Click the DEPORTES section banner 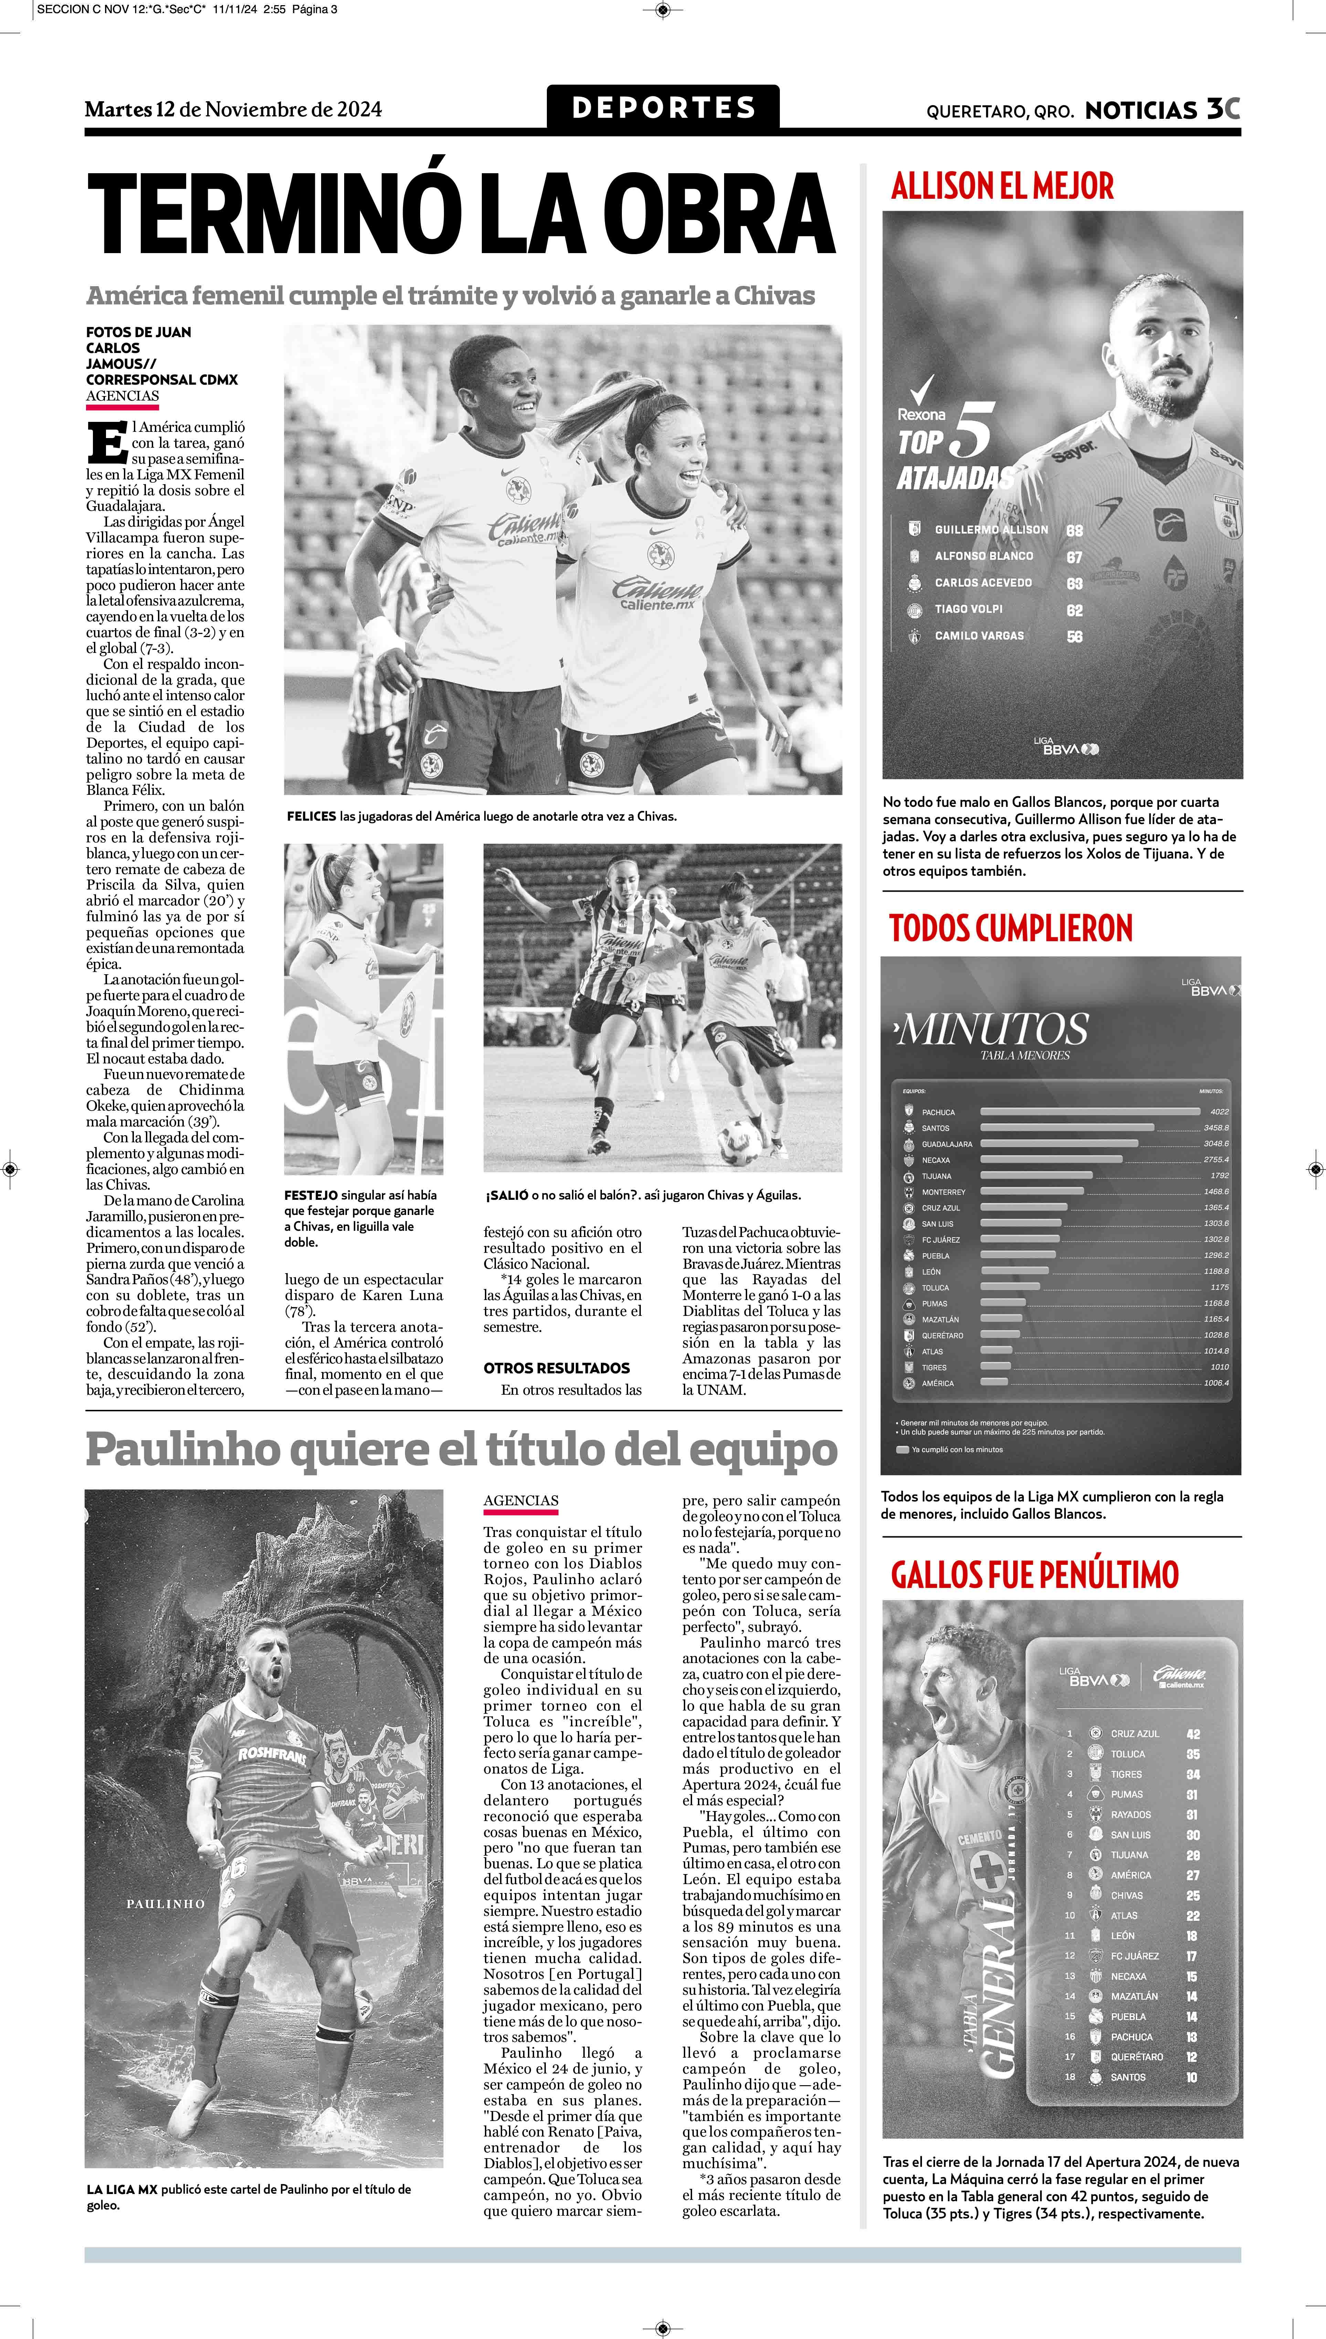point(663,107)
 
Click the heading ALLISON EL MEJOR point(1002,187)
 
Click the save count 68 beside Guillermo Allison point(1075,530)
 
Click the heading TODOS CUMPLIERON point(1011,928)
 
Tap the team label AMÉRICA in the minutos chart point(938,1383)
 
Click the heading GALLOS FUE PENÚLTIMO point(1035,1574)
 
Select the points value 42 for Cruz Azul point(1193,1734)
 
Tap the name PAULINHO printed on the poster point(166,1903)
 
